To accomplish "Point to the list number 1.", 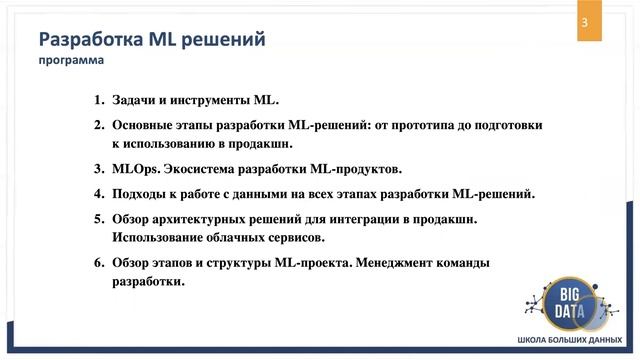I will click(98, 102).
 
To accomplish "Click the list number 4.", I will click(98, 193).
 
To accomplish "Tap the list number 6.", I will click(98, 263).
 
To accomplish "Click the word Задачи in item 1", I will click(134, 102).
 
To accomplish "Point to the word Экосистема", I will click(202, 169).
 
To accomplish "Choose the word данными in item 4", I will click(264, 193).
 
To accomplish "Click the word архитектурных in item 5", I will click(207, 217).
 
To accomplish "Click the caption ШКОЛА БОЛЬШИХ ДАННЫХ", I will click(570, 340).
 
